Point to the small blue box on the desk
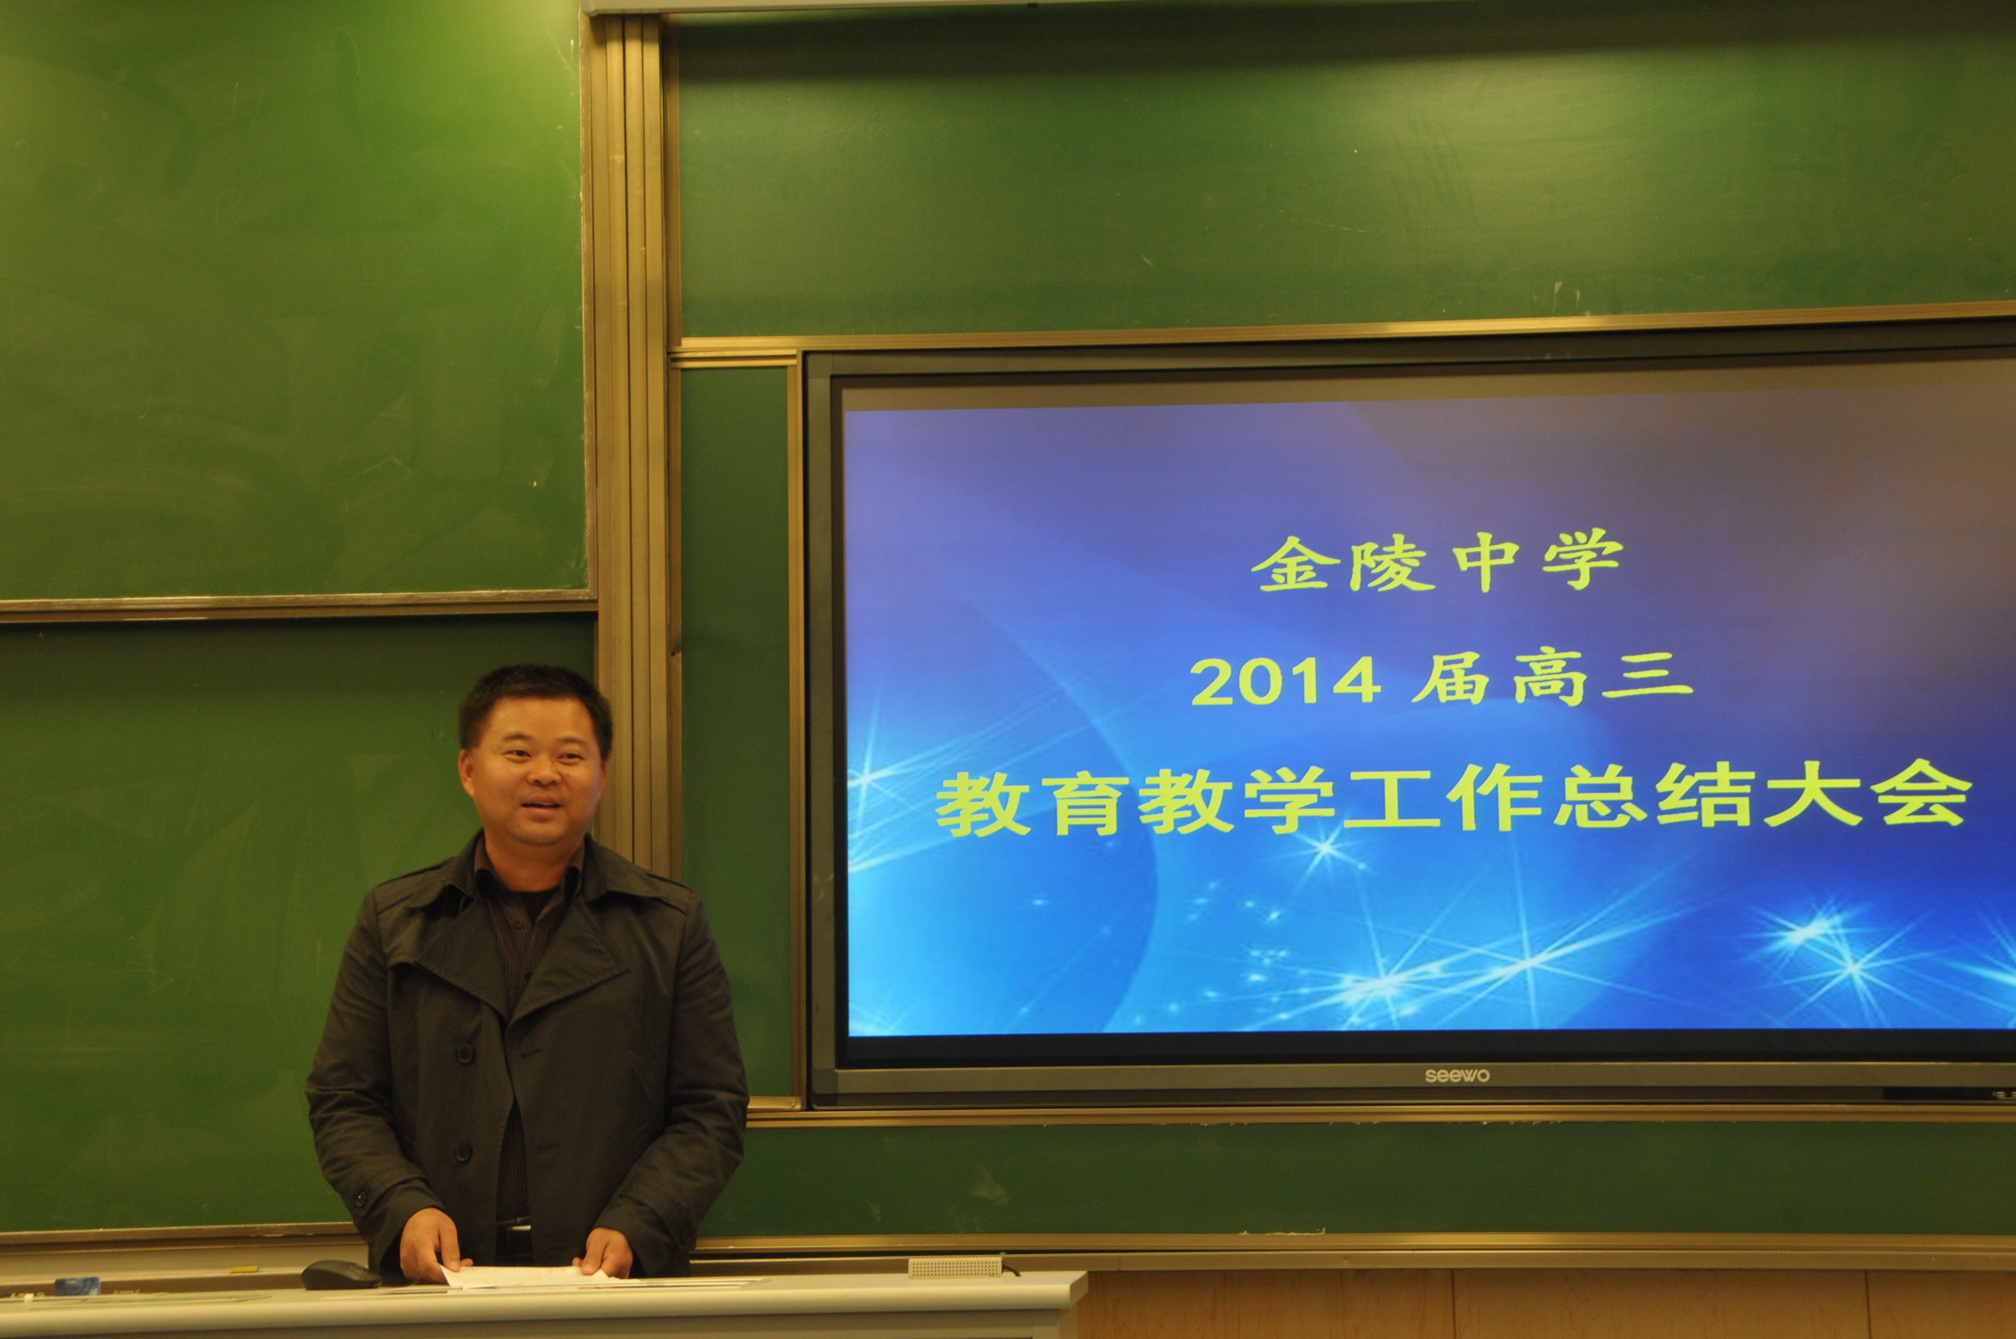click(76, 1285)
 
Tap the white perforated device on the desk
click(954, 1267)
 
